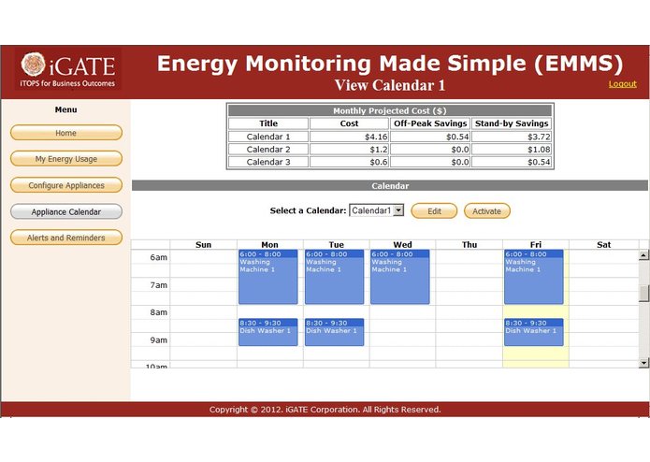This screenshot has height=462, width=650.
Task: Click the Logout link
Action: click(x=622, y=84)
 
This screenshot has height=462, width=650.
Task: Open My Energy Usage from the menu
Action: click(x=66, y=159)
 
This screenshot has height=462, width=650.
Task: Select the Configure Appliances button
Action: click(x=66, y=185)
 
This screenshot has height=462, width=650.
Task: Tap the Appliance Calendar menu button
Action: click(x=66, y=211)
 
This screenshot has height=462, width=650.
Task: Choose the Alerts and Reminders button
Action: click(x=66, y=238)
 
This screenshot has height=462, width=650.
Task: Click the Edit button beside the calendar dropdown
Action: click(x=434, y=211)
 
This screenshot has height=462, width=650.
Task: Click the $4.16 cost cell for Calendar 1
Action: click(x=349, y=137)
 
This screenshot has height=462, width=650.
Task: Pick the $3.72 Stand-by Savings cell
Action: click(x=511, y=137)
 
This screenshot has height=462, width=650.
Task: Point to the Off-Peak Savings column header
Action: click(x=430, y=123)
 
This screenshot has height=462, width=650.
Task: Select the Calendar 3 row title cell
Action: click(x=268, y=162)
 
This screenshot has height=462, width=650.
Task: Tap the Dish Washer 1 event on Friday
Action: click(x=533, y=333)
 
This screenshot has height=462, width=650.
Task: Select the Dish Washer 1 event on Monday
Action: click(x=268, y=333)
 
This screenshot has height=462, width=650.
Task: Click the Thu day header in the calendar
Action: click(x=469, y=245)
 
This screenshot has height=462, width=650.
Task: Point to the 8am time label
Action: click(x=159, y=312)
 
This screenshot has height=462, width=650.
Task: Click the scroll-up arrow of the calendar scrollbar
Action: click(x=643, y=255)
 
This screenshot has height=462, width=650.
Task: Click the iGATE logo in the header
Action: click(x=67, y=69)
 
